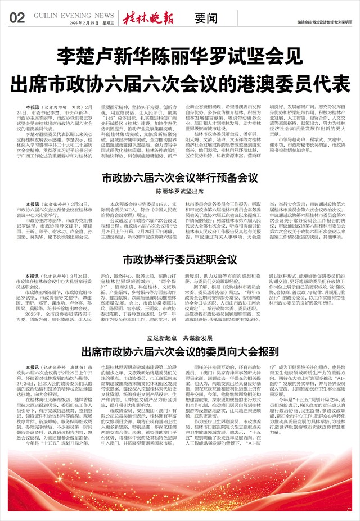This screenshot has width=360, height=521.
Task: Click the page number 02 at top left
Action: click(17, 18)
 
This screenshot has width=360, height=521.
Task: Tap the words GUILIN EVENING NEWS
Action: click(73, 15)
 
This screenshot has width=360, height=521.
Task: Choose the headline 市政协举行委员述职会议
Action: click(179, 260)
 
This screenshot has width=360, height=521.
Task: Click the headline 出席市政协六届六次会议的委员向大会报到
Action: click(179, 353)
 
